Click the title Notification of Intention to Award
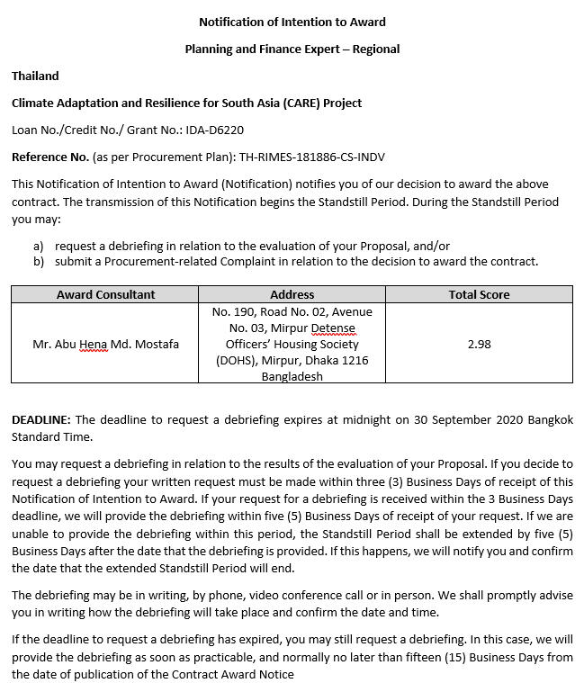pos(292,22)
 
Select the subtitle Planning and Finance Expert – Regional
pos(292,49)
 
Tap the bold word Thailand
pos(35,76)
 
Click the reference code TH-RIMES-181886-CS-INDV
pos(311,157)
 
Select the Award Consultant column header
pos(105,294)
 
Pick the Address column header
pos(292,294)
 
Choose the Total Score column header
pos(479,294)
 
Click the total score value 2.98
pos(479,344)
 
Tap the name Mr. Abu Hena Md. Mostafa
pos(105,344)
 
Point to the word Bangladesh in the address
pos(292,377)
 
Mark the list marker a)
pos(39,246)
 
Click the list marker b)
pos(39,262)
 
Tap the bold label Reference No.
pos(49,157)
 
